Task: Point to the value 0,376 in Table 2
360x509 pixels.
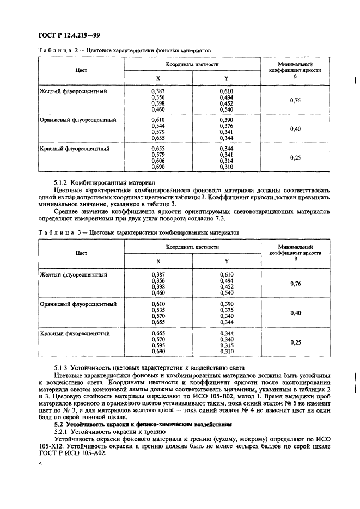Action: tap(227, 125)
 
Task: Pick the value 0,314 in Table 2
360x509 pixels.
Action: tap(227, 161)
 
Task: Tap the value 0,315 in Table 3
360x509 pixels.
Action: tap(227, 345)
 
